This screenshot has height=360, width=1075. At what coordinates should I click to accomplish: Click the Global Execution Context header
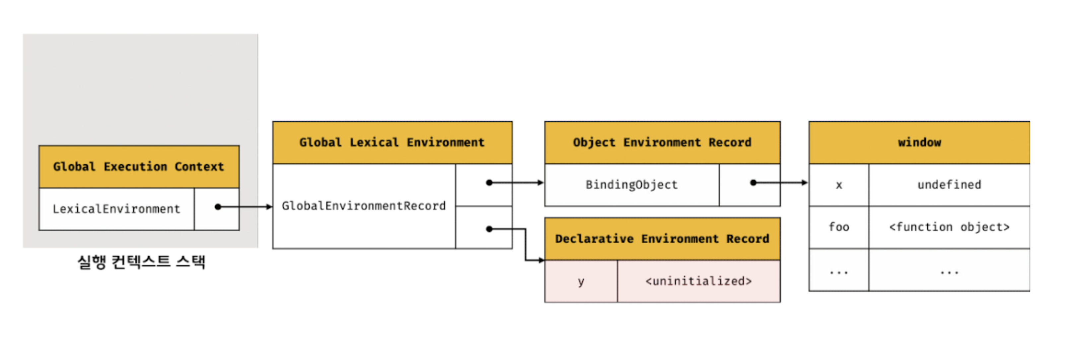139,167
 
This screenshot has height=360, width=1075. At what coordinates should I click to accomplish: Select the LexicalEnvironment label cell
116,209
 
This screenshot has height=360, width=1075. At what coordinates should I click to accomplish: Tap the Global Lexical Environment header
392,143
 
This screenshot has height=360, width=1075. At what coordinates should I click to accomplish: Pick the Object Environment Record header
662,143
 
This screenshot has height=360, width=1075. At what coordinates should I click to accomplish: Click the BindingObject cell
632,185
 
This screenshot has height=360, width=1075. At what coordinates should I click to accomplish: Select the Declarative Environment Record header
662,239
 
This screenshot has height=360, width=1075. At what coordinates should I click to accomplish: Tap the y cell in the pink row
581,281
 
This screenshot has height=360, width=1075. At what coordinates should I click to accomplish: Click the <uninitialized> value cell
698,281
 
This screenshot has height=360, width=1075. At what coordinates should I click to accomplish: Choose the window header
919,143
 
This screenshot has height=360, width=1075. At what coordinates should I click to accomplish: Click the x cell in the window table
839,185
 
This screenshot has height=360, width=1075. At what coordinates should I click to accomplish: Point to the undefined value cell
949,185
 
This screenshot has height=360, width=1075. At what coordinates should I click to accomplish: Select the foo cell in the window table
839,227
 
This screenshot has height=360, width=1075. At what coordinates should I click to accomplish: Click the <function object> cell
949,227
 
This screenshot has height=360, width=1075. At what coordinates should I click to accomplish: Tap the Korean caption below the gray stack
141,262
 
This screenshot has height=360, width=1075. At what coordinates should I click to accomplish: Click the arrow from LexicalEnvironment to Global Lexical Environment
245,207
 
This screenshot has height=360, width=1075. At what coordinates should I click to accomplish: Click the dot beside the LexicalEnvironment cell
218,207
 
